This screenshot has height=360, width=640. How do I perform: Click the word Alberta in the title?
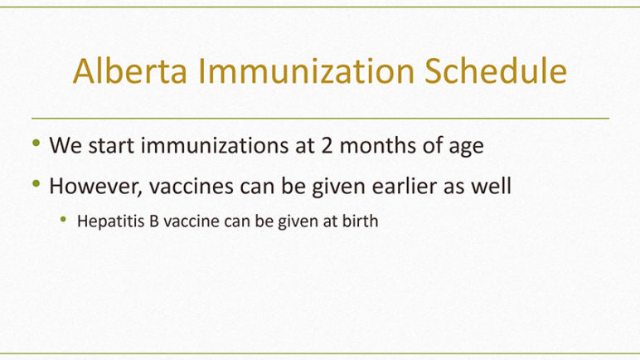point(130,71)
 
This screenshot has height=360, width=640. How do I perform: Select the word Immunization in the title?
point(306,71)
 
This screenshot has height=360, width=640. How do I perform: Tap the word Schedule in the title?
point(496,71)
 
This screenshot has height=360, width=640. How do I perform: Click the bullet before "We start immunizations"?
point(36,143)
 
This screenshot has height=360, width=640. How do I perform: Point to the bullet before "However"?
point(36,183)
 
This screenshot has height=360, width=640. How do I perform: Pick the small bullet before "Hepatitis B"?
point(63,220)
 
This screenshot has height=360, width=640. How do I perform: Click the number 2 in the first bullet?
point(327,145)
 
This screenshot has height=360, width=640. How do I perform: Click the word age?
point(466,148)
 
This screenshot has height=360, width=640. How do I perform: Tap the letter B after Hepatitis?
point(154,221)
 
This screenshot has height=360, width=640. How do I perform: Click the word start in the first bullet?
point(111,145)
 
